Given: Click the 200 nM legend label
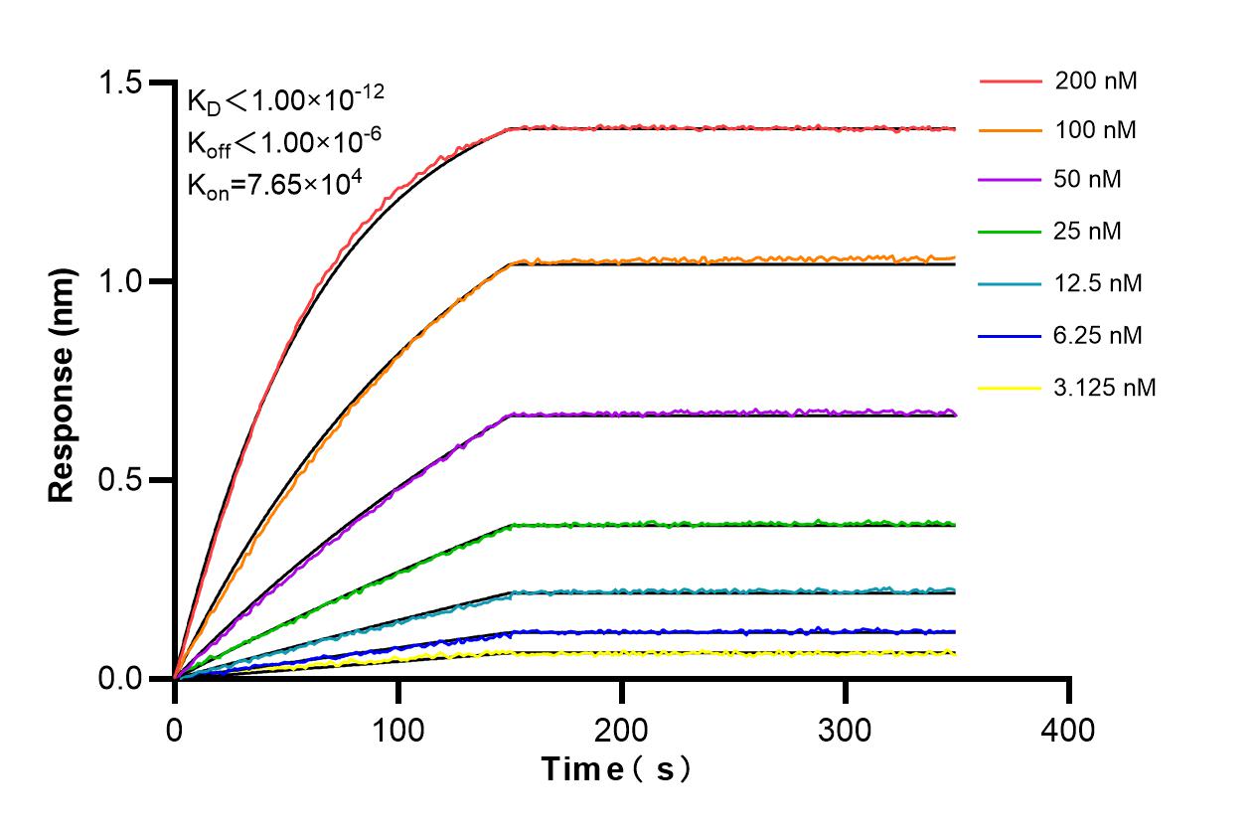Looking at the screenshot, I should click(1096, 81).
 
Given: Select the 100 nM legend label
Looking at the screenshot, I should click(1096, 130).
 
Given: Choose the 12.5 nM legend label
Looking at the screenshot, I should click(1098, 283).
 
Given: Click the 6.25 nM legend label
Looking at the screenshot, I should click(1098, 335).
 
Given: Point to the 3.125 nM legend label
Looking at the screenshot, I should click(1105, 387).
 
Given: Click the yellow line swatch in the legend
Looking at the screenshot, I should click(1009, 387).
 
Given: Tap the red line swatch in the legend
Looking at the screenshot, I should click(1009, 81).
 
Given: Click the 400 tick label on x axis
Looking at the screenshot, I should click(1068, 731).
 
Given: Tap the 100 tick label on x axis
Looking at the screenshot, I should click(397, 731).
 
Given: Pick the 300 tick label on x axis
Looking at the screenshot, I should click(845, 731).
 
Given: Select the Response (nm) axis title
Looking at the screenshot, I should click(63, 386).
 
